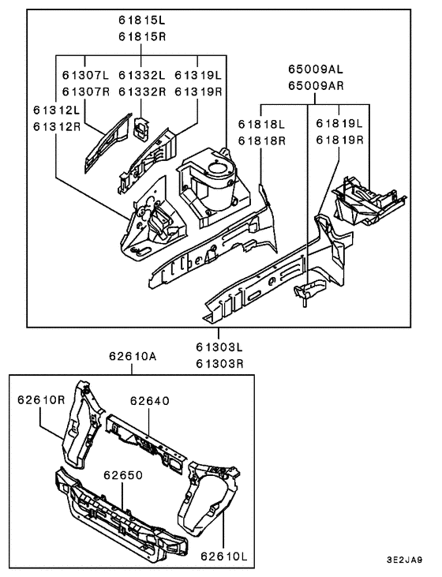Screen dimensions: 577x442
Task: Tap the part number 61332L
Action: (141, 75)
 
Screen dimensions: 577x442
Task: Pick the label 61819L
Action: (339, 124)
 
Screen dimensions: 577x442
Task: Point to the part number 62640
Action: (149, 401)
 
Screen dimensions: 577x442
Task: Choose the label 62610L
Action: (223, 556)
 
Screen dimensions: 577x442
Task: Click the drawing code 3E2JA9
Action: (405, 561)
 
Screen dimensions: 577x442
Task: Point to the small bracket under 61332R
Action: (141, 126)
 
